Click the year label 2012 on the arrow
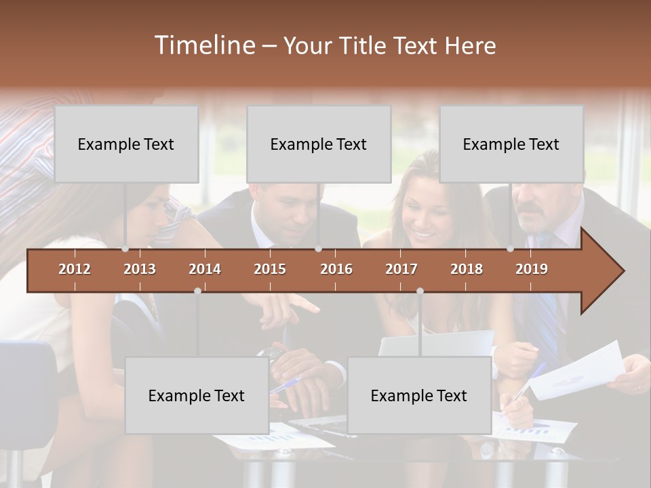[75, 269]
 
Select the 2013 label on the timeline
[140, 269]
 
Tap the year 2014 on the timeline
[205, 269]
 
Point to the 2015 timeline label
[270, 269]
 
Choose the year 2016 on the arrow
[336, 269]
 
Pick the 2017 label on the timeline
[401, 269]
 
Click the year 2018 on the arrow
[467, 269]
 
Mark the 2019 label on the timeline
[532, 269]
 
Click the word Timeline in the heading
[204, 45]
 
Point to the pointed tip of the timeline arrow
[623, 271]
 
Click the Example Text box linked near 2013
[126, 144]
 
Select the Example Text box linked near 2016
[319, 144]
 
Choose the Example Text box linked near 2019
[511, 144]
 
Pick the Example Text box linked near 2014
[197, 396]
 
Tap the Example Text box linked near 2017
[419, 396]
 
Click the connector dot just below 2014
[197, 291]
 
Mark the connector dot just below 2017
[420, 291]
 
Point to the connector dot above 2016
[318, 249]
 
